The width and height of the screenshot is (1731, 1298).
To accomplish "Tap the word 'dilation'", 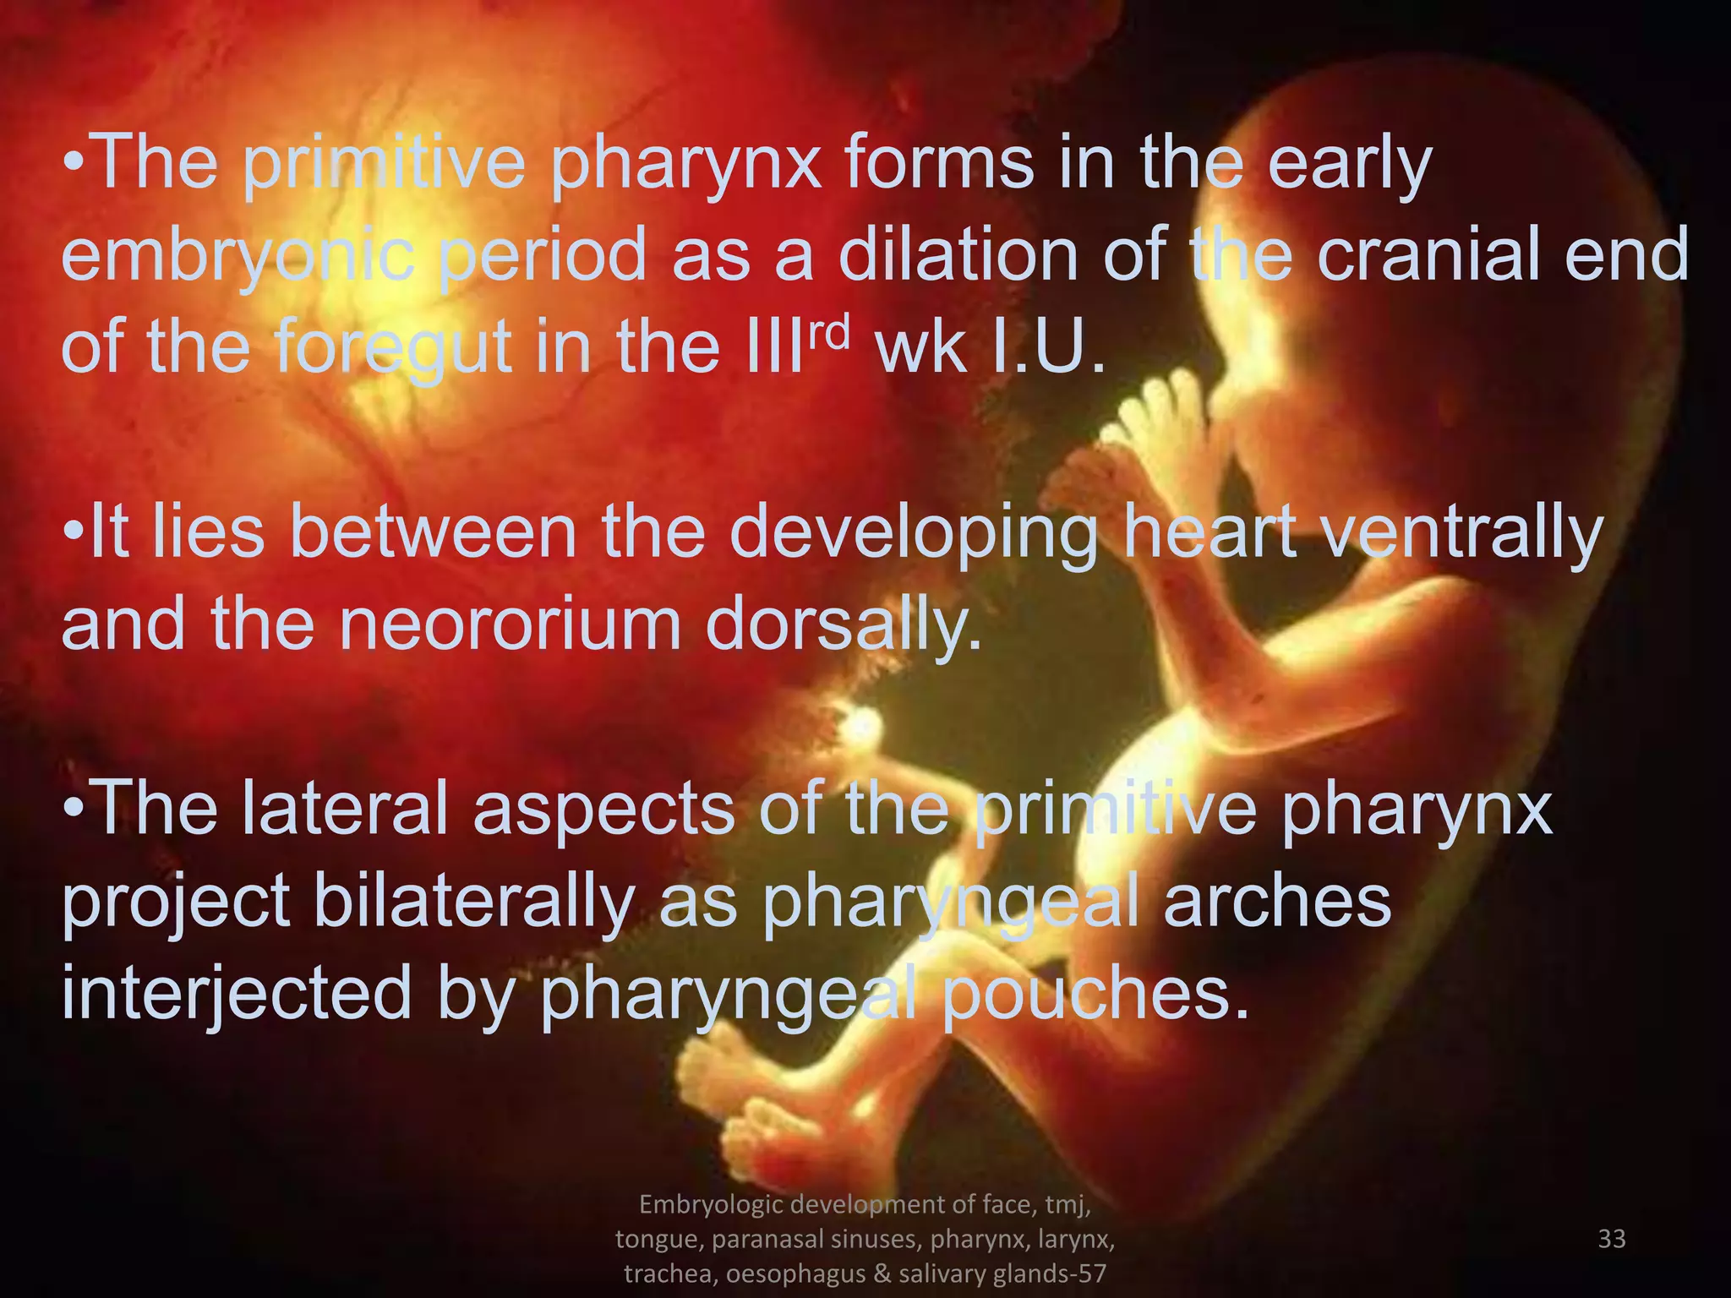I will (958, 254).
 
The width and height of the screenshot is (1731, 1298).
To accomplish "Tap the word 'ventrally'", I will (1461, 534).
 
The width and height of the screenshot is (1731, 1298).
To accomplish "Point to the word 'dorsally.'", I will (844, 626).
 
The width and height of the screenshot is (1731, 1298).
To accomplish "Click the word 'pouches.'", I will (1095, 994).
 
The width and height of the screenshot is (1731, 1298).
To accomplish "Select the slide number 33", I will (1612, 1239).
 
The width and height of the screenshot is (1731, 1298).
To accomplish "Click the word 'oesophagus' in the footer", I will (795, 1273).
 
